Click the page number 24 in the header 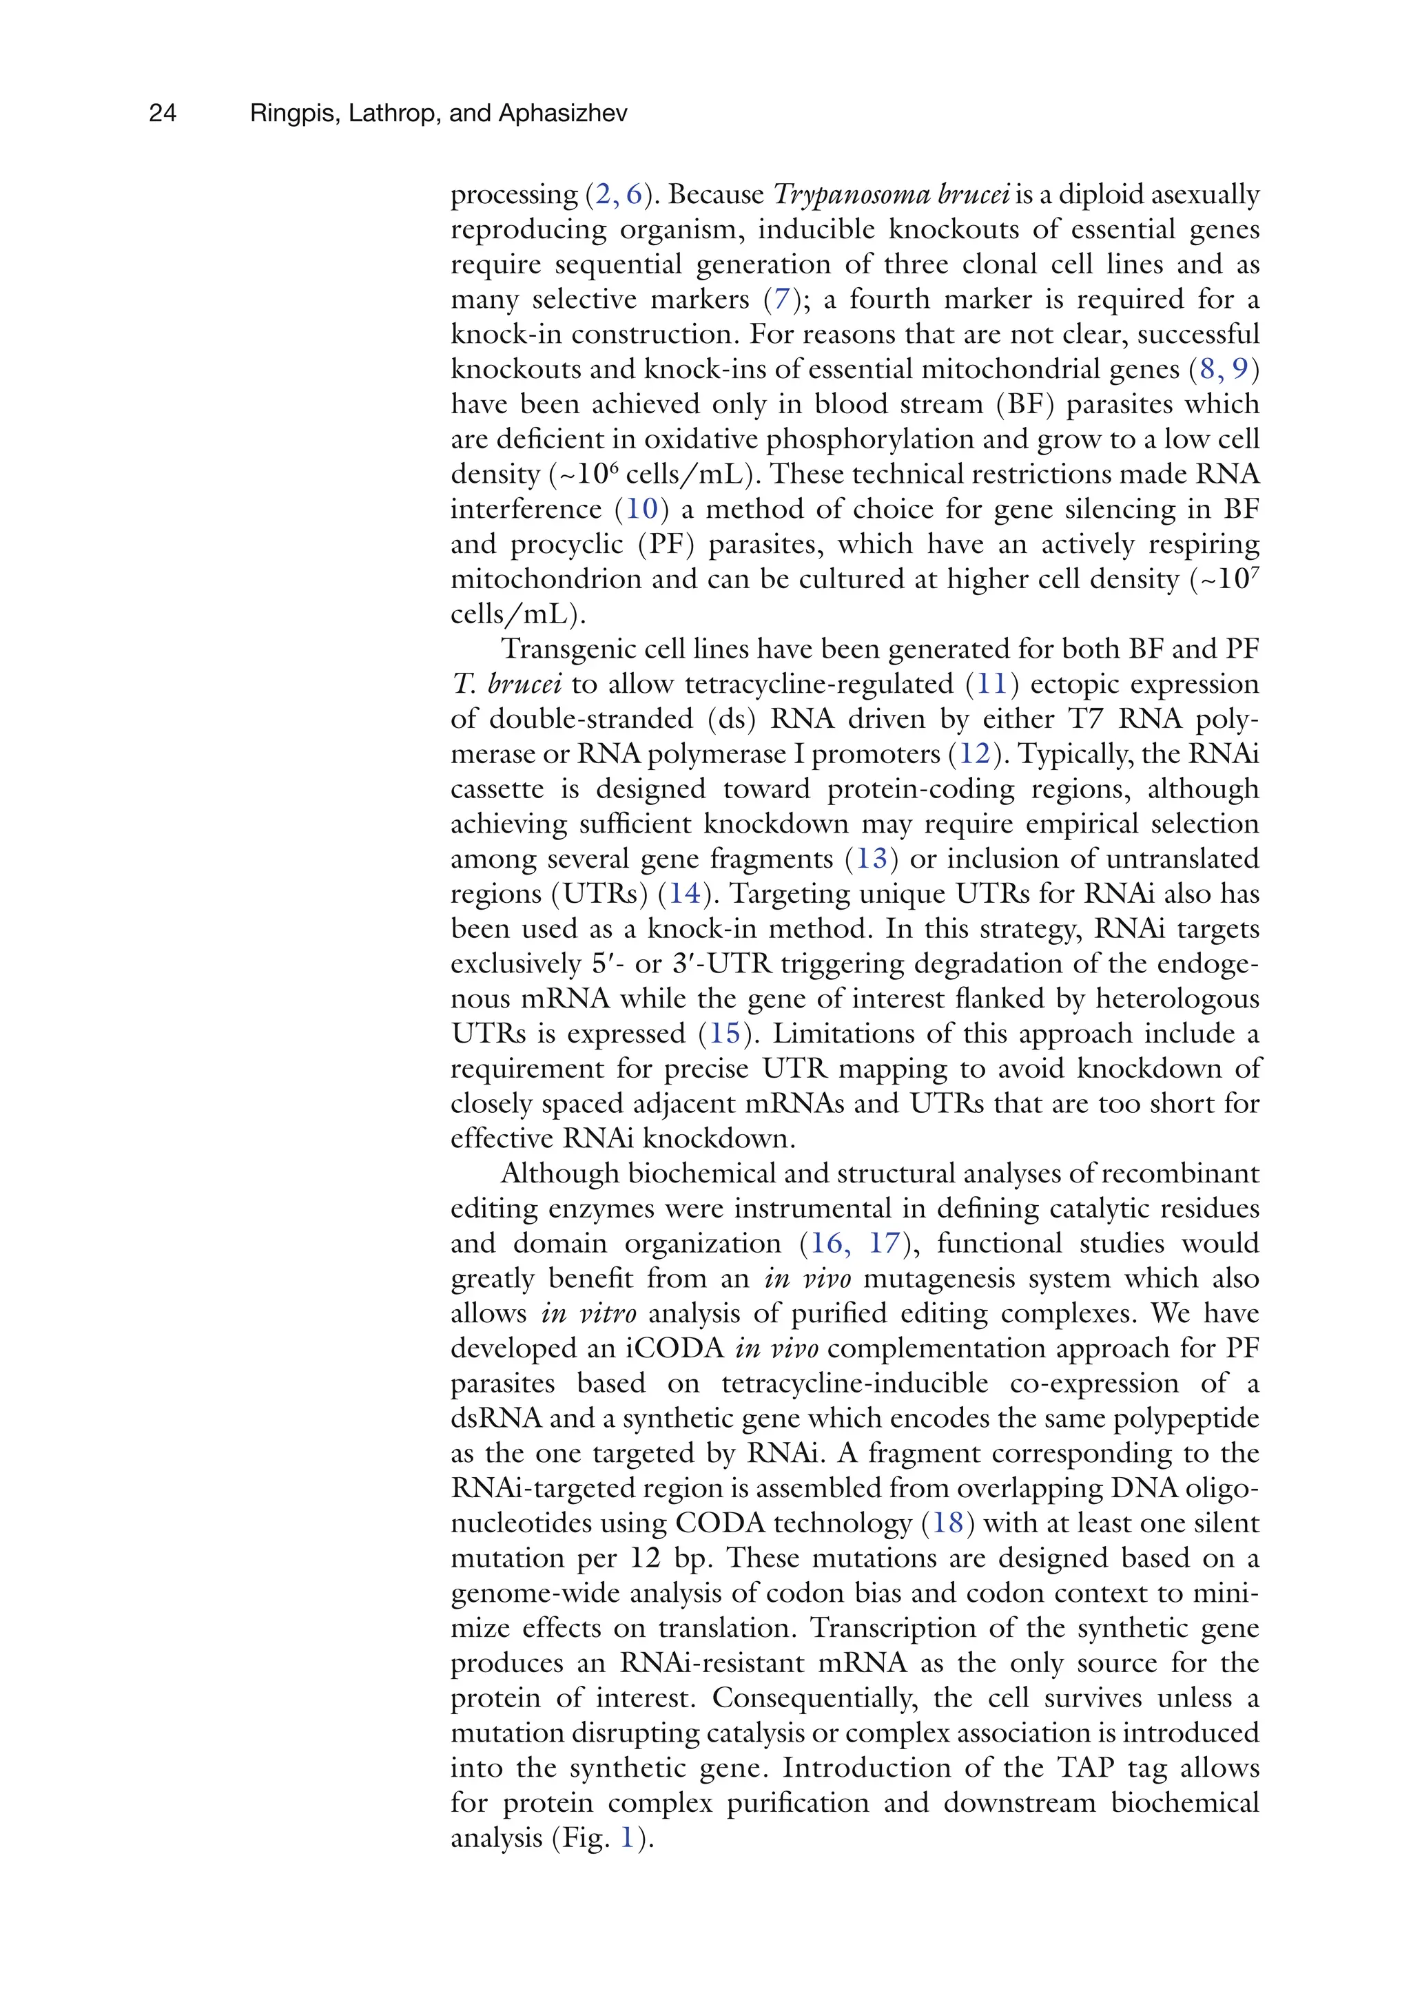tap(163, 113)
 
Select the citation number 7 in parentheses tap(777, 300)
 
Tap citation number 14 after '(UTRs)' tap(685, 893)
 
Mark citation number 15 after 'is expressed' tap(725, 1033)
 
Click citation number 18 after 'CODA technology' tap(947, 1523)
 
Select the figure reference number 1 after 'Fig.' tap(627, 1838)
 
